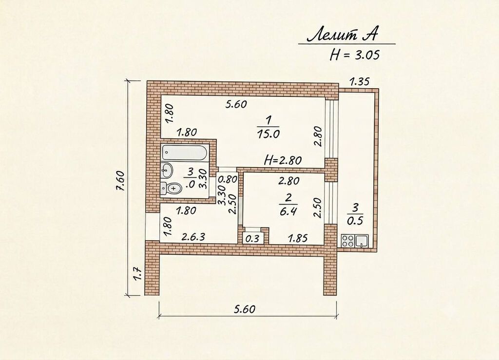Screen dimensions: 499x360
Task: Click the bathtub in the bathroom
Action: click(185, 152)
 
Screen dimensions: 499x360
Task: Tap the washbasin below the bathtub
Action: click(167, 171)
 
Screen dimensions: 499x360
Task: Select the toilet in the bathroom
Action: click(171, 188)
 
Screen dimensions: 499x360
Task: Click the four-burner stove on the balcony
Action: click(348, 241)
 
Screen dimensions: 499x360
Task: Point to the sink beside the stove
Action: click(362, 241)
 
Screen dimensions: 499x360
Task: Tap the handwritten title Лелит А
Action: click(342, 35)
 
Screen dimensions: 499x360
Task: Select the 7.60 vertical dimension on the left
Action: click(120, 186)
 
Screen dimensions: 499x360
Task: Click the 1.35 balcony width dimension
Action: click(359, 82)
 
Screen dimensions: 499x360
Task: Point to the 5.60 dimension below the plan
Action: click(245, 309)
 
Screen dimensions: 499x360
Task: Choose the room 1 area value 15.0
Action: click(268, 134)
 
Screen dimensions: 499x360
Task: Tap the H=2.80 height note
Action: click(283, 160)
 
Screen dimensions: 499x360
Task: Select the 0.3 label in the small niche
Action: click(252, 239)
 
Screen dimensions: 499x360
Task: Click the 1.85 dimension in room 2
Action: click(298, 238)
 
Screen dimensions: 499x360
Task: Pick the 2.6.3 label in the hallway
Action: click(193, 237)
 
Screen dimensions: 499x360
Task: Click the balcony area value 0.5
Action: click(355, 221)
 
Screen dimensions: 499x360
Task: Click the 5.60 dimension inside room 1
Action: click(236, 104)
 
